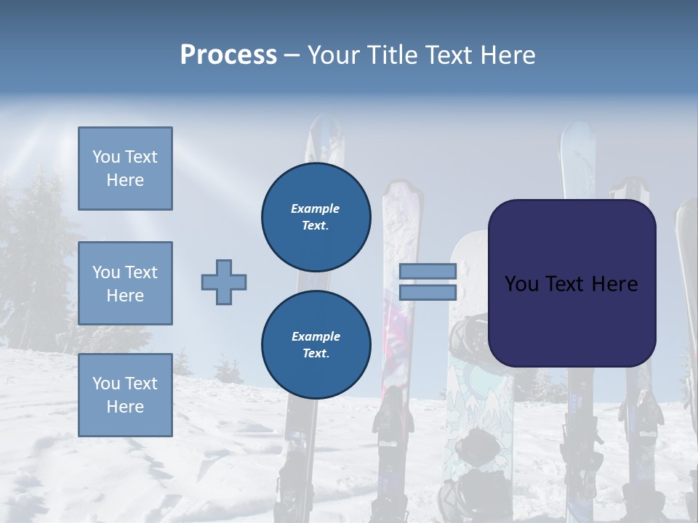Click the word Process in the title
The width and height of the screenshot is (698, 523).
click(x=228, y=55)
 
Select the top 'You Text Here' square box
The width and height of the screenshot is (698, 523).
click(x=125, y=169)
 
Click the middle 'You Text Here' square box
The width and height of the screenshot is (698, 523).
click(x=125, y=283)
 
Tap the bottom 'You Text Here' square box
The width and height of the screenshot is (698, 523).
click(x=125, y=395)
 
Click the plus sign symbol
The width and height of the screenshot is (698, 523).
click(x=224, y=282)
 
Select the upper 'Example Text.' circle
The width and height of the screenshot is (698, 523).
click(x=316, y=217)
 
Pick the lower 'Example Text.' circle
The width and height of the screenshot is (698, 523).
click(x=316, y=345)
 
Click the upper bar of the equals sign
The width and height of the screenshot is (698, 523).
click(x=428, y=271)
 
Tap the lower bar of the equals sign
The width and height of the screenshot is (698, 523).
click(x=428, y=292)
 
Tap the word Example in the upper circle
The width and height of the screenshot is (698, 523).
click(x=316, y=208)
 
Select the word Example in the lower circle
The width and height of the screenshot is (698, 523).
click(x=316, y=336)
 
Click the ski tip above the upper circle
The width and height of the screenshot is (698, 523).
click(x=324, y=138)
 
